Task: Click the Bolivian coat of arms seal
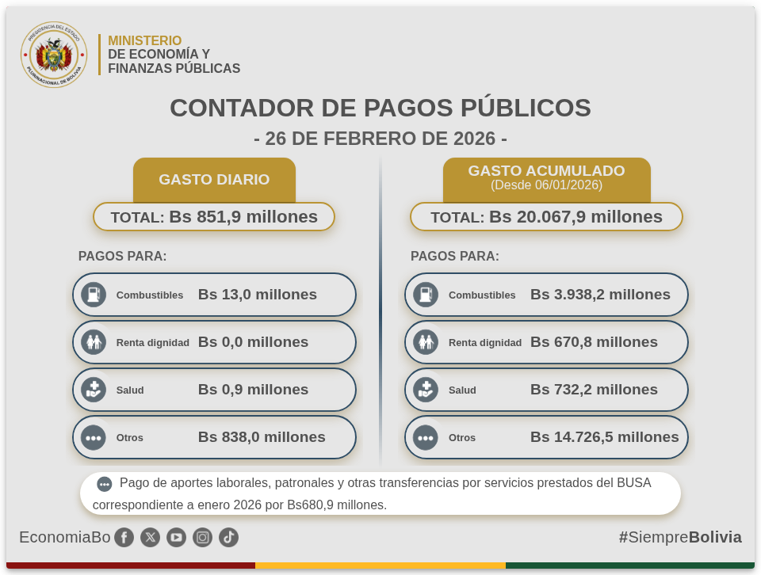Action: [54, 55]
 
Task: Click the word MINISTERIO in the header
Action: [145, 40]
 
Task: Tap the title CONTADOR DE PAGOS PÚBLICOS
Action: [380, 108]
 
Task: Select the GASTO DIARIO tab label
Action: [214, 180]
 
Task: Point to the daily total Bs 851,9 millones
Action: [243, 217]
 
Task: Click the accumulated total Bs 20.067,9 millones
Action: [576, 217]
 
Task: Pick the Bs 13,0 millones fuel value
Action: [258, 295]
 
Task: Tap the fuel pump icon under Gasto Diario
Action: [94, 295]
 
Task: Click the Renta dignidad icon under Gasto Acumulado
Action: [426, 342]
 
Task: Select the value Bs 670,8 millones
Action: [594, 342]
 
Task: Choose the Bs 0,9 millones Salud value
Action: [253, 390]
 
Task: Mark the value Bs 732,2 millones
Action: [594, 390]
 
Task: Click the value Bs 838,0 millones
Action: [262, 437]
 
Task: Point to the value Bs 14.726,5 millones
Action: [604, 437]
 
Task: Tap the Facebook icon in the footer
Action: [124, 538]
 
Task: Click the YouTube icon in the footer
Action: [176, 538]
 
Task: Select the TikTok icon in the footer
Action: [228, 538]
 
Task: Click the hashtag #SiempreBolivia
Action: [680, 537]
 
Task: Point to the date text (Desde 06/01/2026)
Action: [546, 185]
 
